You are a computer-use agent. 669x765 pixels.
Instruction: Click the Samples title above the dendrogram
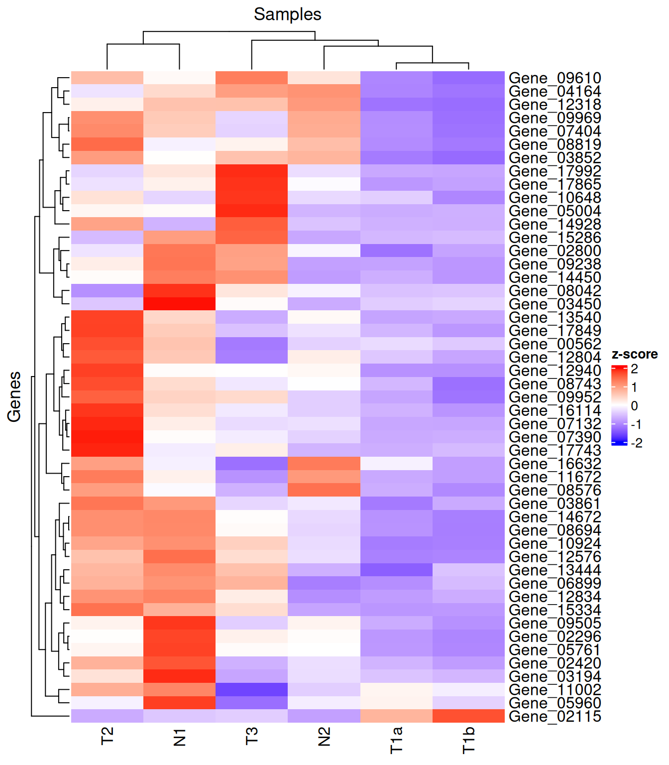pos(287,14)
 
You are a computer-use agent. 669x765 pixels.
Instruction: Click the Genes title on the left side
pos(14,396)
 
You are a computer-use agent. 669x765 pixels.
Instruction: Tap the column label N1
pos(180,737)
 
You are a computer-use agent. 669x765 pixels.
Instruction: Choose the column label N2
pos(324,737)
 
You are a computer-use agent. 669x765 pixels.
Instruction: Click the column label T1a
pos(396,740)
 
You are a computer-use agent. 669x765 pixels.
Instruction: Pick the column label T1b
pos(468,740)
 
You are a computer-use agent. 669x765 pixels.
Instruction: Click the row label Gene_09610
pos(555,78)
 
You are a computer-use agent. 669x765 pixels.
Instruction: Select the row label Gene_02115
pos(555,716)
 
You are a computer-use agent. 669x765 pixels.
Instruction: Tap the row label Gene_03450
pos(555,304)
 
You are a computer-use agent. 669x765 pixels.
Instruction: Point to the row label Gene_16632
pos(555,464)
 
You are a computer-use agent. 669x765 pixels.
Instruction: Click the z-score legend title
pos(634,354)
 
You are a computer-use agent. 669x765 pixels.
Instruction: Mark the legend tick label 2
pos(634,369)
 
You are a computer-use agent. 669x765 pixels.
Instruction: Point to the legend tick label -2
pos(636,443)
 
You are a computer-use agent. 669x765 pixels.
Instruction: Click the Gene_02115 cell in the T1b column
pos(468,716)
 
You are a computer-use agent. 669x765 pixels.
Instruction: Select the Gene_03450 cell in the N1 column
pos(180,304)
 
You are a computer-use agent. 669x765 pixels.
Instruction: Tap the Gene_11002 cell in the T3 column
pos(252,690)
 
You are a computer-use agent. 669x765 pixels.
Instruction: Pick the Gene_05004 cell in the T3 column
pos(252,211)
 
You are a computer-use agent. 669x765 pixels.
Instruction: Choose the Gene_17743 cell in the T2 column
pos(108,450)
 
